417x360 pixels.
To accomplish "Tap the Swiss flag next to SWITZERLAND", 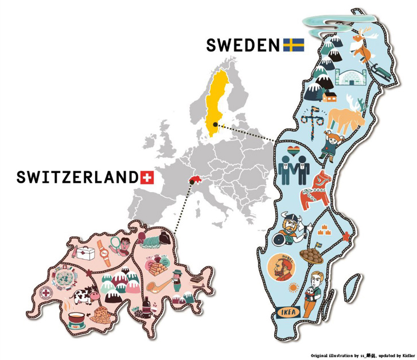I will (x=147, y=177).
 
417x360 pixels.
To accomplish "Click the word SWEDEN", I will (x=244, y=45).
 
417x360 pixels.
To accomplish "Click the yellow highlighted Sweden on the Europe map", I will (x=217, y=103).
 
